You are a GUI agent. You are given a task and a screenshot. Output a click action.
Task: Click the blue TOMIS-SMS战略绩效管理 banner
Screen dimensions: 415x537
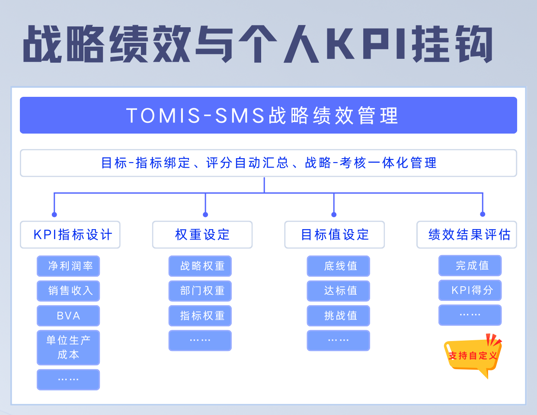(x=268, y=115)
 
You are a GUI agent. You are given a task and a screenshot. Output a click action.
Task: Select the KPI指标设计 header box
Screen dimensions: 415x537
(x=70, y=235)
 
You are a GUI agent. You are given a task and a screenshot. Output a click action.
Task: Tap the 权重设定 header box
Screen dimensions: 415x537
(x=202, y=235)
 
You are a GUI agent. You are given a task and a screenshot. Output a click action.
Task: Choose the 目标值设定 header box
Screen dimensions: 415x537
(x=334, y=235)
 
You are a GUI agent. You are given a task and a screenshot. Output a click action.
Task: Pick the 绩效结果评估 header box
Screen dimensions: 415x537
(x=467, y=235)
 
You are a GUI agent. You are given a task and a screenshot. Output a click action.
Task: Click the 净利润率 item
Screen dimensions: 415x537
(x=68, y=266)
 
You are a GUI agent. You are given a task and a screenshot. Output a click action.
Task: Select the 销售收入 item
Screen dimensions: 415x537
(x=68, y=291)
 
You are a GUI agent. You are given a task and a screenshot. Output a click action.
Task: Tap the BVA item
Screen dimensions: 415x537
(x=68, y=316)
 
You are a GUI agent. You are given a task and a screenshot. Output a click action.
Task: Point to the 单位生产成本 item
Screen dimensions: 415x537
(x=68, y=348)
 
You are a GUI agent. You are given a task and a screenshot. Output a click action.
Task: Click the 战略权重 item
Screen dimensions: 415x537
(x=200, y=266)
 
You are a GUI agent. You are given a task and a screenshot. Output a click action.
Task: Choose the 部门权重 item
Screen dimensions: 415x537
(x=200, y=291)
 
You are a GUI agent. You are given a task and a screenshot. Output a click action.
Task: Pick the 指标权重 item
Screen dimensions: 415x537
(x=200, y=316)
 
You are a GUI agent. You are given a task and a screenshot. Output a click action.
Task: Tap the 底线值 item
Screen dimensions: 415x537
(x=339, y=266)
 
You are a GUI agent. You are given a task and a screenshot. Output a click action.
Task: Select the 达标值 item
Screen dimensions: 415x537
(x=339, y=291)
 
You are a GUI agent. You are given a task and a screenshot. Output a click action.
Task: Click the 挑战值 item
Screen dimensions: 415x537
(x=339, y=316)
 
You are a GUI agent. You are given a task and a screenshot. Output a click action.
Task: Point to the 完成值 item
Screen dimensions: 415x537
(x=470, y=265)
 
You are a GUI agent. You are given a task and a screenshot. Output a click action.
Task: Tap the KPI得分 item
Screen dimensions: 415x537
(x=470, y=290)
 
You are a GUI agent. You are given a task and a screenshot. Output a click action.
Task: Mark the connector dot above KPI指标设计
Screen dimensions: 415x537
(x=54, y=214)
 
